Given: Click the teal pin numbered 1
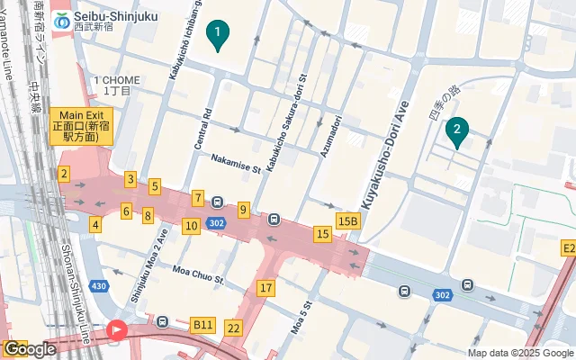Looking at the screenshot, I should click(x=217, y=35).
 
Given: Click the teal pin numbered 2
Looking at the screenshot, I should click(x=457, y=133).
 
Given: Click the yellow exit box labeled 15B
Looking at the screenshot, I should click(x=347, y=220).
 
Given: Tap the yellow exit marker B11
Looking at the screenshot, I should click(x=203, y=324).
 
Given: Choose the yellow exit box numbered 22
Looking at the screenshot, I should click(x=234, y=328).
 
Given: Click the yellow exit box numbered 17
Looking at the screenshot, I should click(x=265, y=288).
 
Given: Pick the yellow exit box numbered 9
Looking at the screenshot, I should click(x=243, y=210).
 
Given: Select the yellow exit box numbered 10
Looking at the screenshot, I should click(x=190, y=226).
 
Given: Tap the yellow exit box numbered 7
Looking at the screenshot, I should click(x=197, y=197).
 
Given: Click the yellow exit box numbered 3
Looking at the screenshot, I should click(x=130, y=179).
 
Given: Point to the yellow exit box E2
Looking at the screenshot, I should click(x=567, y=247).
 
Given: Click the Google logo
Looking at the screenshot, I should click(x=30, y=348).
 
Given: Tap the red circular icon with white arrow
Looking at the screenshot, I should click(x=117, y=330).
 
